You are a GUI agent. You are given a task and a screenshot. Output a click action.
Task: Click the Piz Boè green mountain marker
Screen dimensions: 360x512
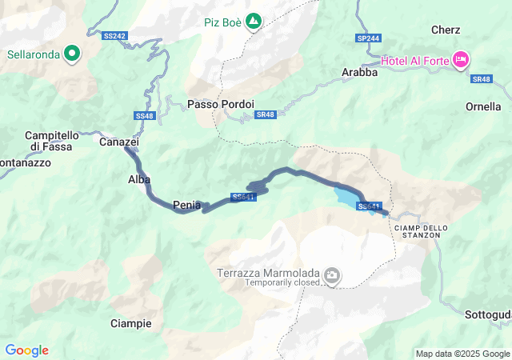point(254,20)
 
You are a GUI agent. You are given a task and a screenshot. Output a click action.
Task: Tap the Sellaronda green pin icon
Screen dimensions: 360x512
point(73,54)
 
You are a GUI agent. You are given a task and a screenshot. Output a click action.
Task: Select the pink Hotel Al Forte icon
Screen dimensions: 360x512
point(461,59)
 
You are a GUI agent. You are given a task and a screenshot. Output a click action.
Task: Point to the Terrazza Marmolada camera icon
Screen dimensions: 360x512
point(332,277)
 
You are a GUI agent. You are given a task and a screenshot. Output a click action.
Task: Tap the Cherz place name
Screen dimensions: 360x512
point(446,30)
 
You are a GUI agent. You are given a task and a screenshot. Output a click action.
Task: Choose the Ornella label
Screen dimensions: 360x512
point(484,106)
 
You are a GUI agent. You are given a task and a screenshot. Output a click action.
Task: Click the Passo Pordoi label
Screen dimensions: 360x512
point(221,104)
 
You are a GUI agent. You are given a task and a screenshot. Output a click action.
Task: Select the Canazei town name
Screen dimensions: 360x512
point(119,142)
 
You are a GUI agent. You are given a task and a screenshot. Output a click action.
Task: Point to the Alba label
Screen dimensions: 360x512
point(139,179)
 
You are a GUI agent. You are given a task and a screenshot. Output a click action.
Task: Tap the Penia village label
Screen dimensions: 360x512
point(186,205)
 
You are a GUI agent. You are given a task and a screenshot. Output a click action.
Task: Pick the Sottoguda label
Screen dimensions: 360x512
point(488,314)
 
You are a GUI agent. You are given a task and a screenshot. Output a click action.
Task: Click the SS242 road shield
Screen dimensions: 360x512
point(115,36)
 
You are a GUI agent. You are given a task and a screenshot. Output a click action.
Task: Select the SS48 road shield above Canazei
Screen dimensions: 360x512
point(144,116)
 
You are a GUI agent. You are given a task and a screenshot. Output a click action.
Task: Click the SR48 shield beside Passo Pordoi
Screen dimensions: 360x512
point(266,114)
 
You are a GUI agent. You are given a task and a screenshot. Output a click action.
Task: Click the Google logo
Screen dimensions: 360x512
point(26,350)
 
